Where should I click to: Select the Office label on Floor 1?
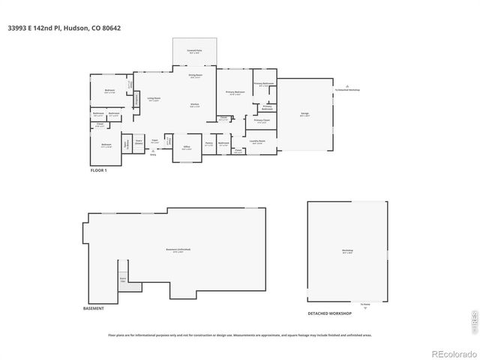pos(186,148)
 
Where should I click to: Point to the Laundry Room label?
pos(257,141)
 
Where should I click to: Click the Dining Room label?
pos(194,76)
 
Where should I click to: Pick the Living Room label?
pos(153,100)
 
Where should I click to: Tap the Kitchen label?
pos(194,105)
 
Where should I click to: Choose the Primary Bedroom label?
pos(235,93)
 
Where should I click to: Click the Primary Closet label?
pos(261,121)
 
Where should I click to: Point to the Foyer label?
pos(154,140)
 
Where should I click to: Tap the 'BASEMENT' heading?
pos(94,308)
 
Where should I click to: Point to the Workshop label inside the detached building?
pos(347,250)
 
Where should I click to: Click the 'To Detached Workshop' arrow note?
pos(348,89)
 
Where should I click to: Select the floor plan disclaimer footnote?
pos(239,335)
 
